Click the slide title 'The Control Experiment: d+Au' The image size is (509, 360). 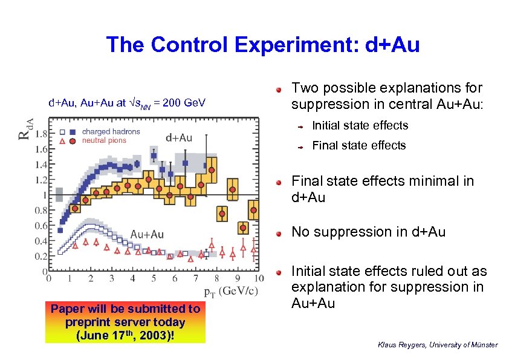tap(262, 45)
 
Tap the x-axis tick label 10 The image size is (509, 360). tap(259, 280)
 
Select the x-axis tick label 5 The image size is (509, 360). tap(154, 280)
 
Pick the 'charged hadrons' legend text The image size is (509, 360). tap(111, 132)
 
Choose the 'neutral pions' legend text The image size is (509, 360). tap(104, 140)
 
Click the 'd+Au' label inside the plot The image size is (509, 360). tap(179, 137)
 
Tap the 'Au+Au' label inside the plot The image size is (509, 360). tap(148, 234)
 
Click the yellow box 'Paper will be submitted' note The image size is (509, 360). tap(126, 322)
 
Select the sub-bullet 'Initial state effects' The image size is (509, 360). tap(360, 126)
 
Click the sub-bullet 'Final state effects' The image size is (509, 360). tap(358, 145)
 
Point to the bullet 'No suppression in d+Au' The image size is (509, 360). tap(368, 232)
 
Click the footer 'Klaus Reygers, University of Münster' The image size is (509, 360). tap(437, 345)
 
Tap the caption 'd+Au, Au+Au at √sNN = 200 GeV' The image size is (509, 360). tap(127, 103)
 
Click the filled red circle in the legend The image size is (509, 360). tap(73, 140)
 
